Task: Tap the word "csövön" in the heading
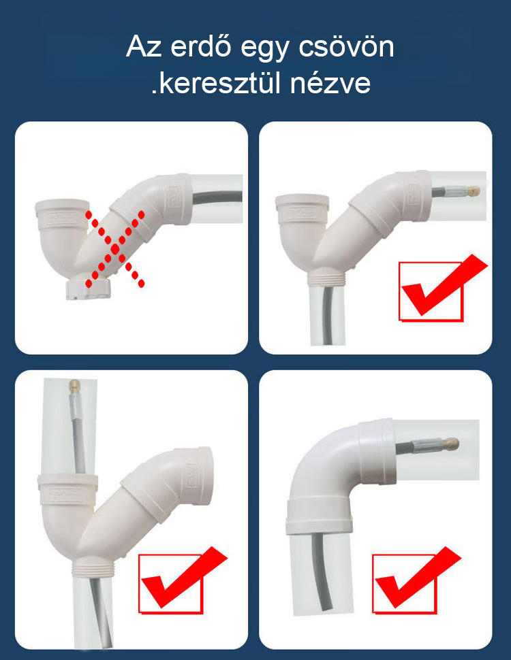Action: [x=347, y=46]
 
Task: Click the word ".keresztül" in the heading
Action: [x=216, y=83]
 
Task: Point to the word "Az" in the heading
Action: [x=143, y=46]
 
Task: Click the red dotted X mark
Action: [x=115, y=249]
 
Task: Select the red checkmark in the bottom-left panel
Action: [x=183, y=578]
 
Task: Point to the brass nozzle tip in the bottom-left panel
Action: [x=75, y=386]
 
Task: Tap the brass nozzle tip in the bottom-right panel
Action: [x=451, y=443]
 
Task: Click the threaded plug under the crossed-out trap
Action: [x=88, y=288]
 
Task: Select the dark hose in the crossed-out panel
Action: [x=216, y=197]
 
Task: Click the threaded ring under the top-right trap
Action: [x=327, y=278]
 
